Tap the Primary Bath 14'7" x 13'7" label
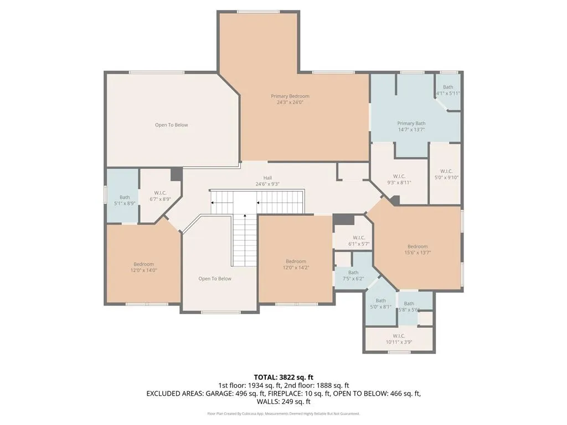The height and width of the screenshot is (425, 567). coord(411,126)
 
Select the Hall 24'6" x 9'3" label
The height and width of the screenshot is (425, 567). coord(267,181)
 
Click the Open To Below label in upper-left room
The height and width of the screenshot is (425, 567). coord(171,125)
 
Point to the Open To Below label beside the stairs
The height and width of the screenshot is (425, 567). coord(215,279)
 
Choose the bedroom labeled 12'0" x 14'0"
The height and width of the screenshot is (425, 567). coord(144,267)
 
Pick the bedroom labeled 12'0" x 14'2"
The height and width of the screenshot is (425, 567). coord(296,265)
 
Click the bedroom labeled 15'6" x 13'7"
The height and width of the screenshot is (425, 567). coord(417,250)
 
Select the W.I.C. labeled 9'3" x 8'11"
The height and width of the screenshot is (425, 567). coord(399,179)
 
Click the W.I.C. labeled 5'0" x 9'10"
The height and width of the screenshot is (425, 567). coord(446,174)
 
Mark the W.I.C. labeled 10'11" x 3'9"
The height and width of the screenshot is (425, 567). coord(399,339)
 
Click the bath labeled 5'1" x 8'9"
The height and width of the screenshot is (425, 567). coord(125,200)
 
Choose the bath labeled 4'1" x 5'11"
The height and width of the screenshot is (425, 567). coord(448,90)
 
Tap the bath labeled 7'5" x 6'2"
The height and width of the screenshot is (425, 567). coord(353,276)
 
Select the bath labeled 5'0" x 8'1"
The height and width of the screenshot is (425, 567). coord(381,304)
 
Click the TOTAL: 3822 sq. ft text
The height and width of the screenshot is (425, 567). coord(283,377)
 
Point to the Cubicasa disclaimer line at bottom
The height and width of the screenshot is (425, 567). coord(283,413)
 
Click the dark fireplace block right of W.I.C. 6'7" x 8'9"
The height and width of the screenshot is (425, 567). coord(177,174)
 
